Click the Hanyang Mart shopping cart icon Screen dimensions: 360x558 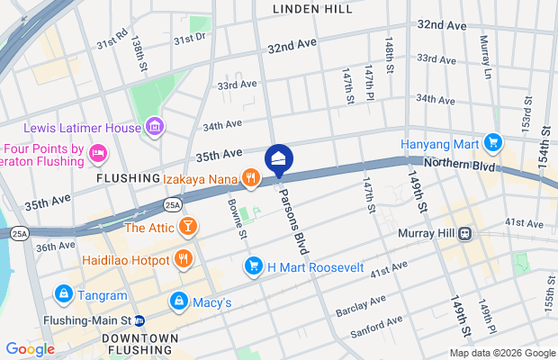point(492,143)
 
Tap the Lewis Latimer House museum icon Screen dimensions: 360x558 point(153,128)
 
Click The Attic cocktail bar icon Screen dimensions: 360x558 point(188,227)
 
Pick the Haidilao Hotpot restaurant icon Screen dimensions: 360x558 point(184,260)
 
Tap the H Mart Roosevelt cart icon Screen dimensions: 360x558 point(254,266)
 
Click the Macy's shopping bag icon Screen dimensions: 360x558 point(179,301)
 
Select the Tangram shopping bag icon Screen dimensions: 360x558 point(63,293)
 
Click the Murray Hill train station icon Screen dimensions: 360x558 point(465,235)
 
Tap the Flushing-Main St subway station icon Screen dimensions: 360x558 point(140,319)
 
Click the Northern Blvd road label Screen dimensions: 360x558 point(460,166)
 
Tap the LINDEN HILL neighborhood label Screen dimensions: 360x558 point(313,8)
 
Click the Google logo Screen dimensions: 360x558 point(30,348)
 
